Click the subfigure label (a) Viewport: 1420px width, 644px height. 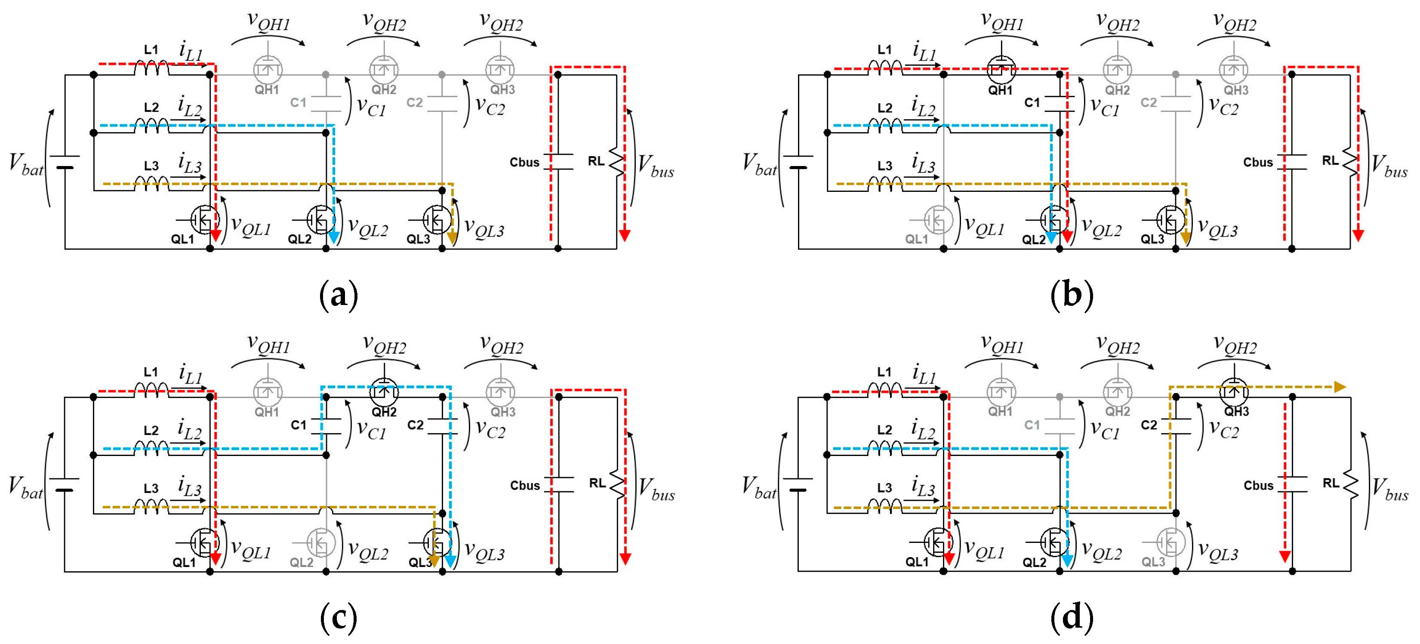point(339,296)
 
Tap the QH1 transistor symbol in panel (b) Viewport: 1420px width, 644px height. point(1001,70)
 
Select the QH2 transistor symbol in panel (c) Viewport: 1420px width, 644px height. point(384,392)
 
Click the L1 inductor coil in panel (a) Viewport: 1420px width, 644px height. point(151,68)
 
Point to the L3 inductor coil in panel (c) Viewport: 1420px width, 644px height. point(151,505)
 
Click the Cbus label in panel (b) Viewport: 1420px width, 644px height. point(1257,163)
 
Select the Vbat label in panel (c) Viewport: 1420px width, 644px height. point(25,488)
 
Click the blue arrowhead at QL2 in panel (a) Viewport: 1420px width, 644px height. point(333,237)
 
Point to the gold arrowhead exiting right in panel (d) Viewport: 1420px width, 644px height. point(1340,387)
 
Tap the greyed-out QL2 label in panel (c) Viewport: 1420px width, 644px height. point(301,562)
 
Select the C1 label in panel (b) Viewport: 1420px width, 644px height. point(1032,102)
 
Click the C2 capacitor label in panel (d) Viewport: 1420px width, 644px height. point(1149,425)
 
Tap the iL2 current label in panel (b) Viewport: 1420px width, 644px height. point(923,106)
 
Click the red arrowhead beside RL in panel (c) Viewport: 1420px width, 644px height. point(625,558)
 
